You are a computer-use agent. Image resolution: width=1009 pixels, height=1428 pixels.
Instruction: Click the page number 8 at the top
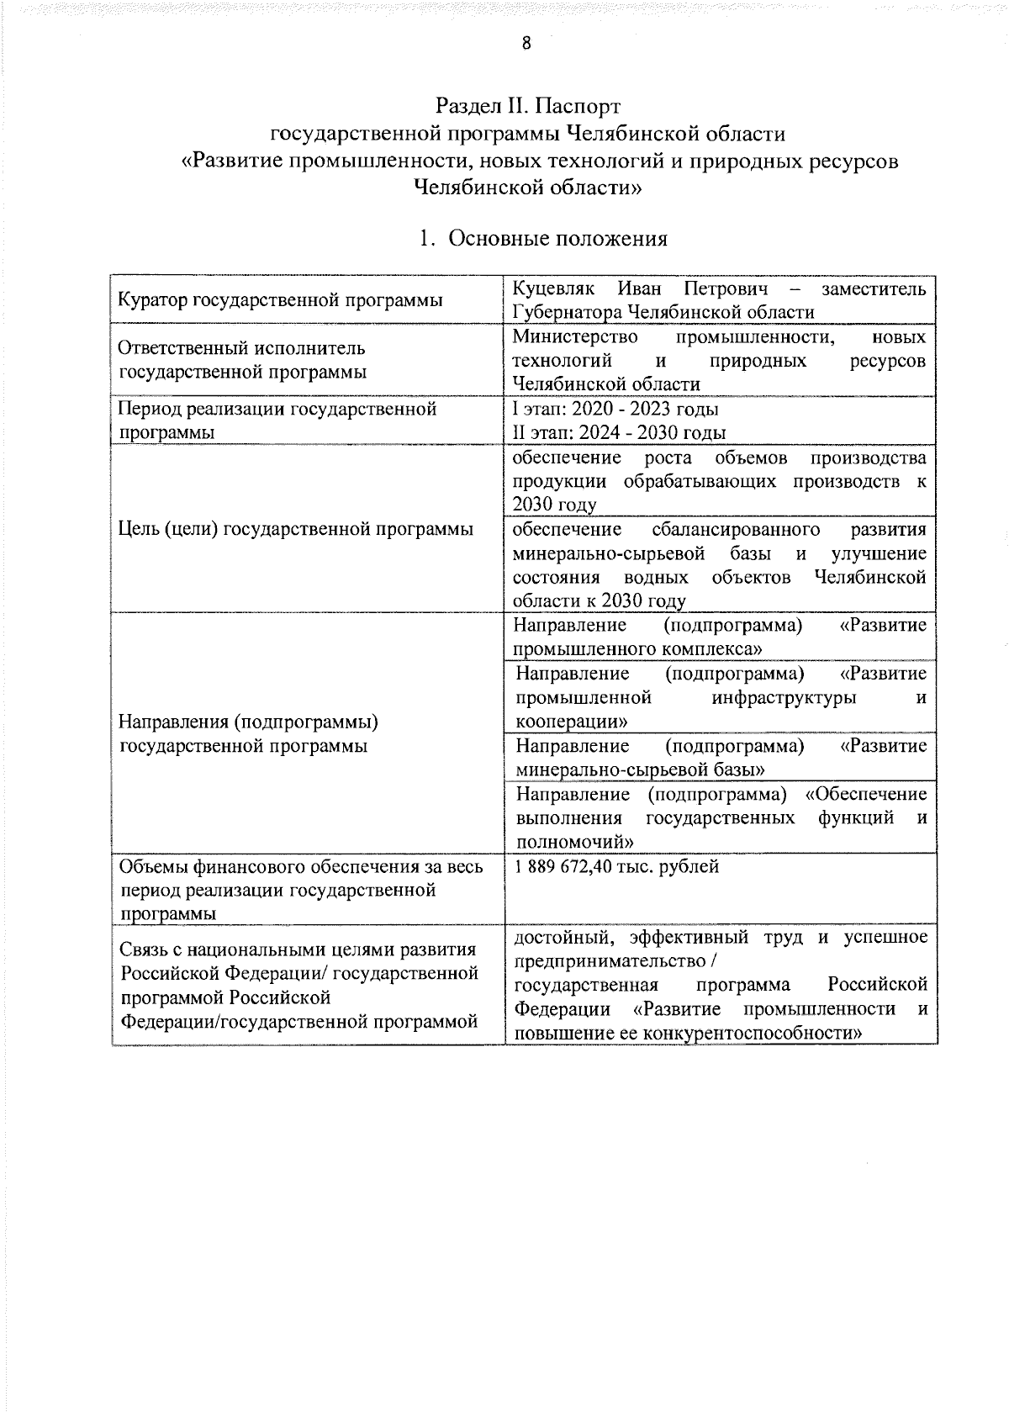point(526,44)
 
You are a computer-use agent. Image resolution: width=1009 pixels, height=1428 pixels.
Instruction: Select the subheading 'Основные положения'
point(557,239)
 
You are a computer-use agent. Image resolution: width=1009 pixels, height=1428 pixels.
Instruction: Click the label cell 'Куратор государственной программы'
point(280,300)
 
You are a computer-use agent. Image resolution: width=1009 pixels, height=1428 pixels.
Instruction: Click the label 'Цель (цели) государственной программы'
point(295,529)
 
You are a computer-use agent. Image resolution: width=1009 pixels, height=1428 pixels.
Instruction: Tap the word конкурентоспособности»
point(752,1033)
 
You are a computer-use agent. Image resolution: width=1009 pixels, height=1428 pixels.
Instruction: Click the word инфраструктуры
point(784,698)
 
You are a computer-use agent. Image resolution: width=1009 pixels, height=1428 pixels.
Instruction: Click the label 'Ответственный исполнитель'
point(241,348)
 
